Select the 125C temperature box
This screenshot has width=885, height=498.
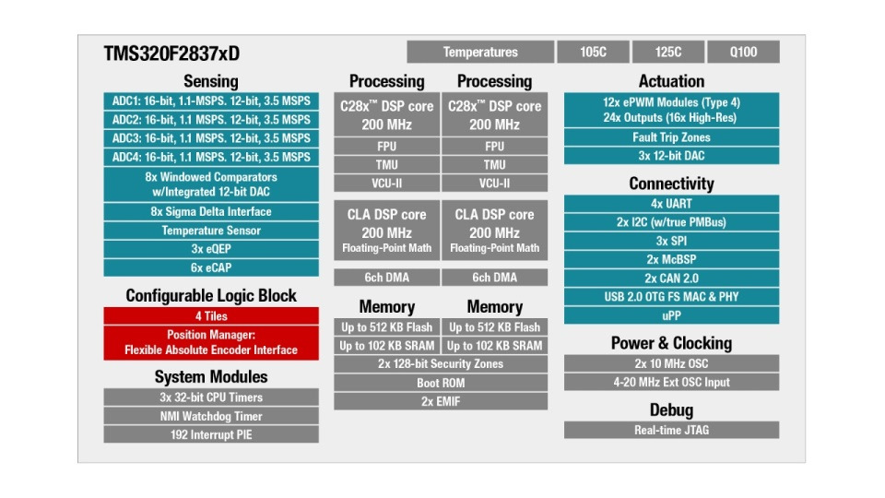[668, 53]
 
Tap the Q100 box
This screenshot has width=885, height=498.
[744, 53]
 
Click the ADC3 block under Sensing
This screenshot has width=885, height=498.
[211, 138]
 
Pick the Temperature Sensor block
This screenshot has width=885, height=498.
[211, 231]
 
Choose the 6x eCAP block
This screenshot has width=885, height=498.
[211, 267]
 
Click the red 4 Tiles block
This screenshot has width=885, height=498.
[211, 315]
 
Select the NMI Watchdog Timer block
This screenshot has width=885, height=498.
[211, 416]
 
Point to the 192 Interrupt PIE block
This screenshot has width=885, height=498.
[211, 434]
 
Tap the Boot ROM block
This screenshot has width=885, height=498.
[441, 383]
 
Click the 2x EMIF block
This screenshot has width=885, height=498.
[441, 401]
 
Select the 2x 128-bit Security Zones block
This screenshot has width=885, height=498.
[441, 364]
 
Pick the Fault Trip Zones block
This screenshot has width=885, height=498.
[671, 137]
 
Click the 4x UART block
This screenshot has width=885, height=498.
[671, 204]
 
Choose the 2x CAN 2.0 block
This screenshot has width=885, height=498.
[671, 279]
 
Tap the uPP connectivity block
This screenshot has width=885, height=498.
[671, 315]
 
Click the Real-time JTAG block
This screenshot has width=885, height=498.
[671, 430]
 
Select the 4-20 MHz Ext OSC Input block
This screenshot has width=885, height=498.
[671, 382]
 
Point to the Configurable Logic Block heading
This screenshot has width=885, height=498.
[211, 295]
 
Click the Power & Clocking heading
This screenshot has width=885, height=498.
[671, 343]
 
